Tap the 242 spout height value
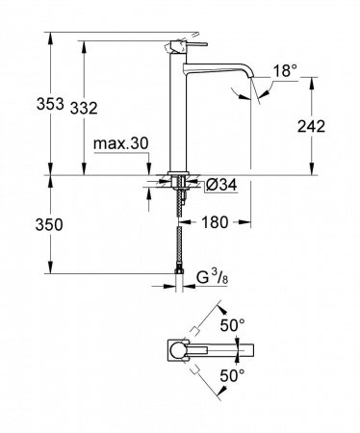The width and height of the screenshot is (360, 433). (328, 126)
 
